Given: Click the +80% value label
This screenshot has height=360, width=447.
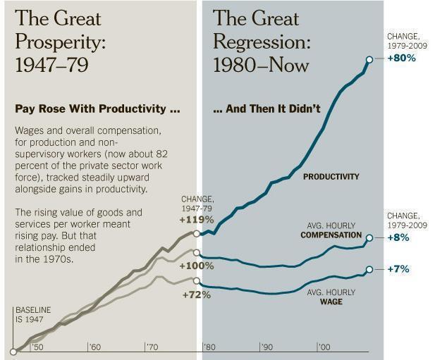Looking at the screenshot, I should coord(402,58).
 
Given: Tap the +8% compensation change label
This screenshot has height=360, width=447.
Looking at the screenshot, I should coord(398,238).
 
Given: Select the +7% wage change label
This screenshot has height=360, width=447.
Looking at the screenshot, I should coord(398,270).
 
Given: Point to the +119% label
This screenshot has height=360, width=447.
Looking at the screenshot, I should coord(196,219).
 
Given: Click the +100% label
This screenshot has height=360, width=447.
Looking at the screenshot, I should coord(196,266).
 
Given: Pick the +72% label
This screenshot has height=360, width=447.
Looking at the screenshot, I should coord(197,294).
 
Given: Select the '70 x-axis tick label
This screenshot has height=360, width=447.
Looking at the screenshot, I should coord(151,347).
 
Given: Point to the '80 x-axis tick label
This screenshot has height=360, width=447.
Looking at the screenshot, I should coord(209,347).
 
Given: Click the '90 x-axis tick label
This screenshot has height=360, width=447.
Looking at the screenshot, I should coord(267,347).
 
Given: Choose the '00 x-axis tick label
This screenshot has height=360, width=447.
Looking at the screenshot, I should coord(324,347).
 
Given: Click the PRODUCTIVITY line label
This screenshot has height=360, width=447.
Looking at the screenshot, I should coord(331,177).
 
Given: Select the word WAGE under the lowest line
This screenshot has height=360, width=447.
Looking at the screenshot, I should coord(331,302).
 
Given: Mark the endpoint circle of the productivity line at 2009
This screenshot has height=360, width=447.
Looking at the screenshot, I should coord(368,59).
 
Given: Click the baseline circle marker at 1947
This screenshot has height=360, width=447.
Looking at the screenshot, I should coord(13,352).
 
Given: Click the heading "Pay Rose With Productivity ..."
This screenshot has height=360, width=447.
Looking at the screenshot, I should coord(97,109).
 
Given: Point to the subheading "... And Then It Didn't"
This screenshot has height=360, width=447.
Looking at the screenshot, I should coord(267,109).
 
